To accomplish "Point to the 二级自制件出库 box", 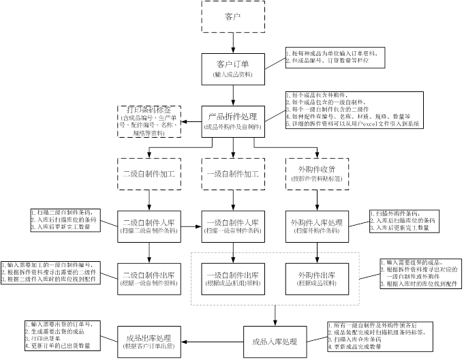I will pos(149,278).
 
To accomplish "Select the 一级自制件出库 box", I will pos(232,278).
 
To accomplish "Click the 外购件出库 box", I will pos(316,278).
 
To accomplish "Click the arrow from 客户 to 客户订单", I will pos(232,42).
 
